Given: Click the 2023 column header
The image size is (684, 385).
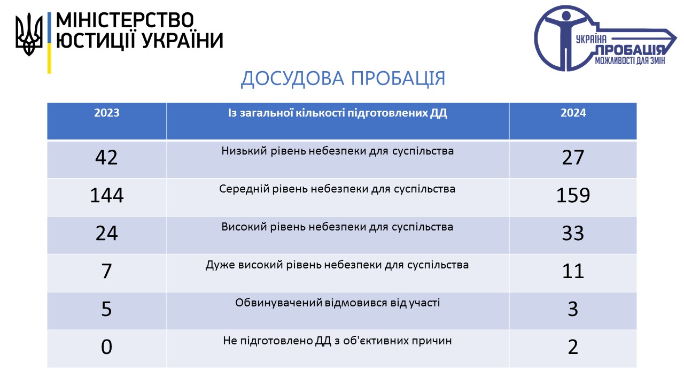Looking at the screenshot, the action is [106, 113].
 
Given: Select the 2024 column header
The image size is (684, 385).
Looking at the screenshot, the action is [573, 113].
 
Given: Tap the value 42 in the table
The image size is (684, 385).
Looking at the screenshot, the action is [106, 158].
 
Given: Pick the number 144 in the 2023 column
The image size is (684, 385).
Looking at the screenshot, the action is [106, 195].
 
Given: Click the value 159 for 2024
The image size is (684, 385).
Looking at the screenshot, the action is [573, 195].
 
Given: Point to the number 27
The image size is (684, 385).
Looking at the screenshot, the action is [573, 158].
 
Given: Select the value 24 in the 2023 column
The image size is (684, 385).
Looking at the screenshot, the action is [106, 234].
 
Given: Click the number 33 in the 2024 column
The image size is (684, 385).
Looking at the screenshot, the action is [573, 234].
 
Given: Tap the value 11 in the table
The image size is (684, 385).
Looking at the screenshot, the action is [573, 271].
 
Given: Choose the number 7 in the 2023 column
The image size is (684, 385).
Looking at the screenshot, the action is [106, 271].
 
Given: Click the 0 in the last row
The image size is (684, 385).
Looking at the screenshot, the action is [106, 347].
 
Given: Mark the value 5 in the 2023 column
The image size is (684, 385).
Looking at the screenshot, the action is [106, 309].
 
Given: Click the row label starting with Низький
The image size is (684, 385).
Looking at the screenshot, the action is [337, 151].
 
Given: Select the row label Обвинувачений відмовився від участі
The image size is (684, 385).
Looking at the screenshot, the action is [337, 303].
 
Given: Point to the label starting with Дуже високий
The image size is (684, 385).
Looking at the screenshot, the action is [337, 265].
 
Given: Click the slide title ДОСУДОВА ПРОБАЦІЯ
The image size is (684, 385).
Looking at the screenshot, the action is [343, 79].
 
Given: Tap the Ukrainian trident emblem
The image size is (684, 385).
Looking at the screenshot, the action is [29, 34].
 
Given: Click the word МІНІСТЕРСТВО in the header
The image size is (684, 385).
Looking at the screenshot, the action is [125, 20].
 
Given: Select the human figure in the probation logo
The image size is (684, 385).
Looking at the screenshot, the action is [565, 40].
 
